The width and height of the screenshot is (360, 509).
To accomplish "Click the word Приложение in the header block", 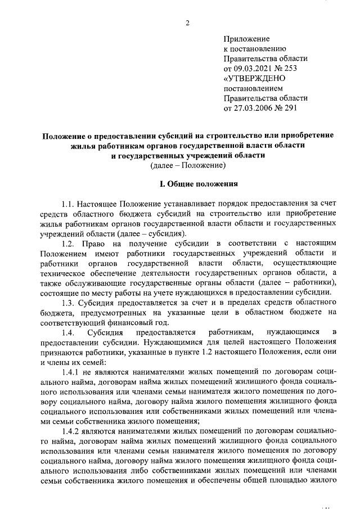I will pyautogui.click(x=246, y=39).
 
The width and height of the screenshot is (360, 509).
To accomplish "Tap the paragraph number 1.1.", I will pyautogui.click(x=69, y=204).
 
